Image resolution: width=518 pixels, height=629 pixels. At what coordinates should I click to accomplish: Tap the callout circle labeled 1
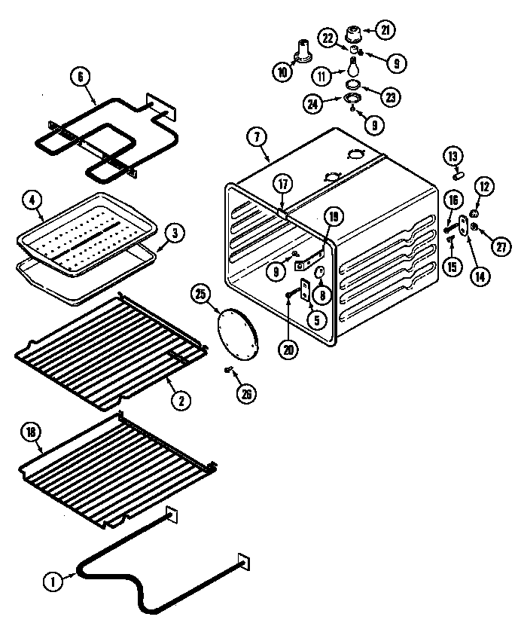point(52,580)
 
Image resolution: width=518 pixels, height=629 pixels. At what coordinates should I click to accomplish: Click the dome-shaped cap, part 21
point(352,34)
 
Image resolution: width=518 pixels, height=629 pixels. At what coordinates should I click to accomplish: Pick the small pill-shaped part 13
point(456,176)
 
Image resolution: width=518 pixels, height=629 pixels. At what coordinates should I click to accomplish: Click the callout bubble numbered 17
point(282,183)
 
